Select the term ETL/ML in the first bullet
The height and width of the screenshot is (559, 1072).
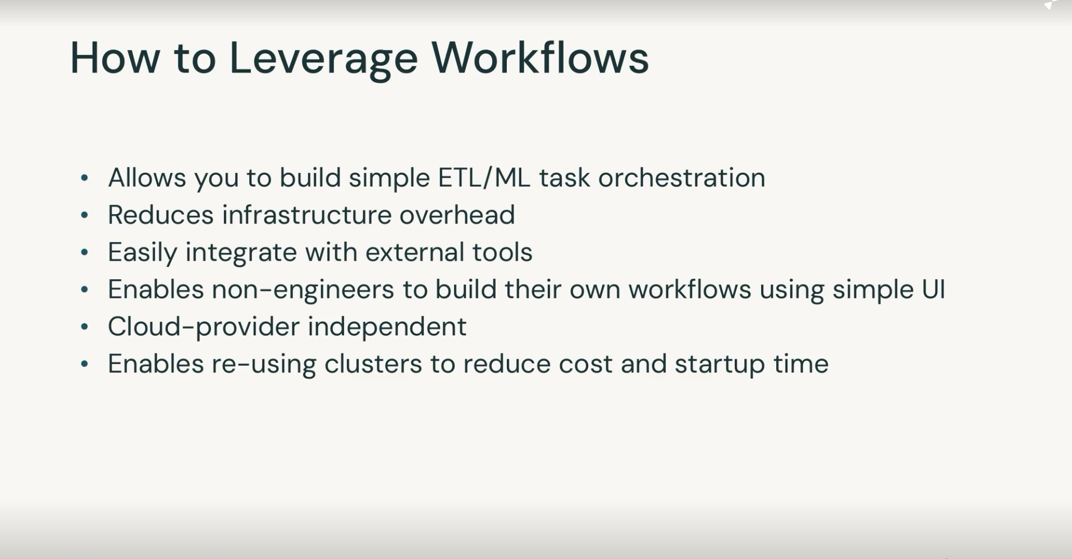point(484,178)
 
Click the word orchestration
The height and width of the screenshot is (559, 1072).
point(681,178)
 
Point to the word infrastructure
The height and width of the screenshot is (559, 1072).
point(306,215)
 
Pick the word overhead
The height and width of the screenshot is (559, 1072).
point(457,215)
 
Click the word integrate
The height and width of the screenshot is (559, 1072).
point(241,252)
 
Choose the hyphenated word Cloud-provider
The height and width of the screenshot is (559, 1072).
point(203,327)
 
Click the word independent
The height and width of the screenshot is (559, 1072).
point(387,326)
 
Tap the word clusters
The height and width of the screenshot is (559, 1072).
point(373,363)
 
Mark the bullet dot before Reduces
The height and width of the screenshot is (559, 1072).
point(85,215)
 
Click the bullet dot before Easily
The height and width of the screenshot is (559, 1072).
point(85,253)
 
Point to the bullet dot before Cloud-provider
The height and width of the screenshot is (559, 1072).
point(85,327)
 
